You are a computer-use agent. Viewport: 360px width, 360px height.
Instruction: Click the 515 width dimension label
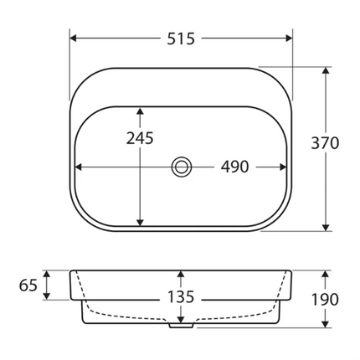181,39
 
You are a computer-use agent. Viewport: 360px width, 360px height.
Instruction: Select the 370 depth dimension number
325,143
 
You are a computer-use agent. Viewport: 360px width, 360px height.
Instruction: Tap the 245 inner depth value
140,138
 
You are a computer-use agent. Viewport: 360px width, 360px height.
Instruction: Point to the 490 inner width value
234,167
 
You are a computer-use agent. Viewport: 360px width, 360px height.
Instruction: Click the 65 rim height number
28,285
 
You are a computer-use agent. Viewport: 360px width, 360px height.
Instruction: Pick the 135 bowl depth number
181,297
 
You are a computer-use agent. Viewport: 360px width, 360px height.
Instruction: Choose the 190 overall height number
325,300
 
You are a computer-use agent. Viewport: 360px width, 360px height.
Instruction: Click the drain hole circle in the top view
182,167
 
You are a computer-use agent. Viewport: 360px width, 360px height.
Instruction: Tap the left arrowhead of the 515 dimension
73,39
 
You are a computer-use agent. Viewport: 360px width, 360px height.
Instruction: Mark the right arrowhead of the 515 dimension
289,39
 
